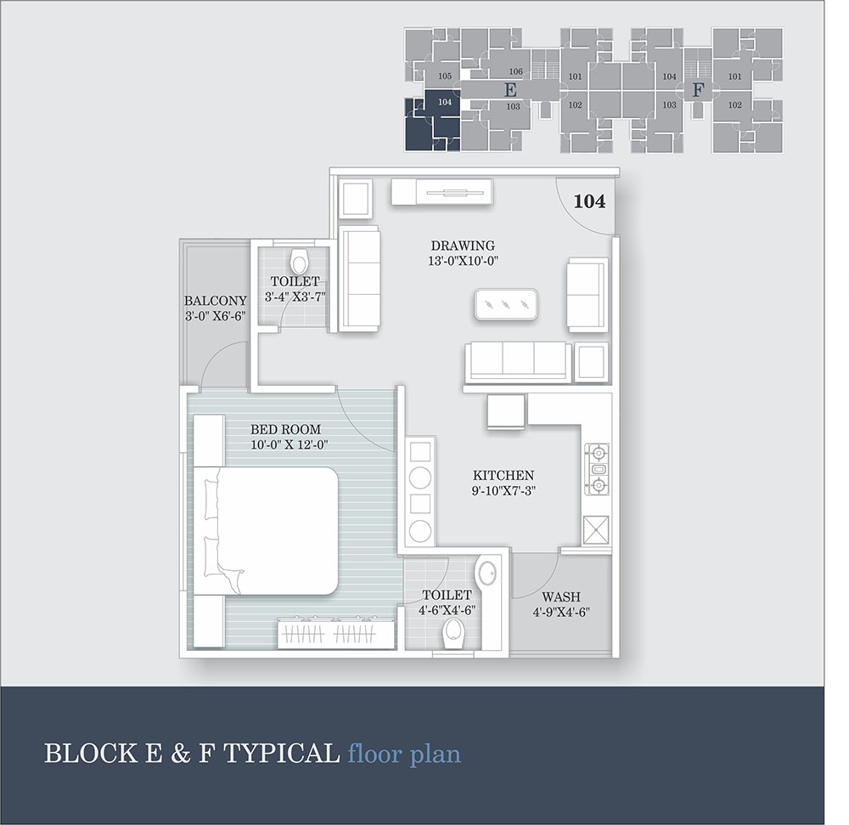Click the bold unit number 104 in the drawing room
[589, 201]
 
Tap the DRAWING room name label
[463, 246]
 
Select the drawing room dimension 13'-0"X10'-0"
[463, 261]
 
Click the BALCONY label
[215, 301]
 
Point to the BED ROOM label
[285, 430]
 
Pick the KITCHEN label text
[503, 476]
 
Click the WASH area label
[561, 597]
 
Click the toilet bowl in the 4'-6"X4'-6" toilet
[453, 633]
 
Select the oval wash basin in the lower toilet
[487, 573]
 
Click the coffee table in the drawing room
[506, 305]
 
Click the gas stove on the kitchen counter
[597, 470]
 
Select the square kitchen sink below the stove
[596, 530]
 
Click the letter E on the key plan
[510, 90]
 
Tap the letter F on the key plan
[699, 90]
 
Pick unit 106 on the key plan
[515, 71]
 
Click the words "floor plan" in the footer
[404, 754]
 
